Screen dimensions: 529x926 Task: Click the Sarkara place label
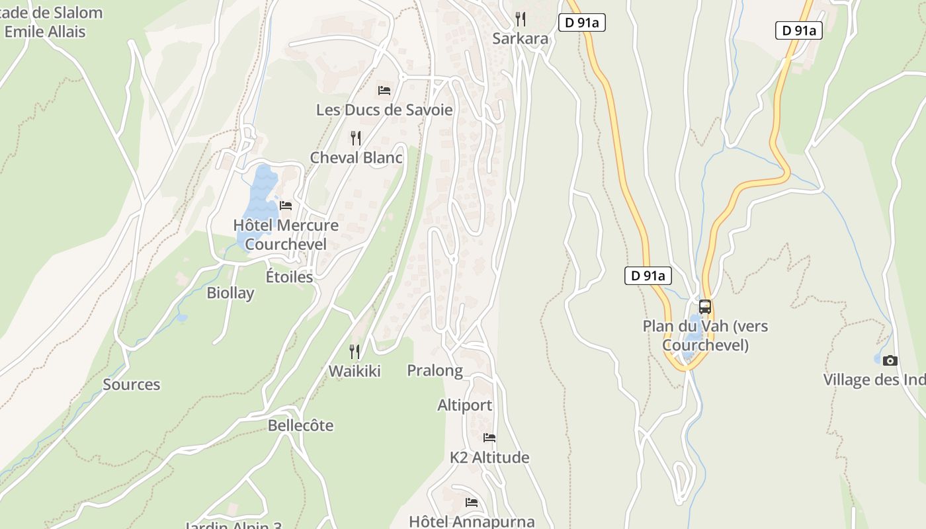click(x=521, y=38)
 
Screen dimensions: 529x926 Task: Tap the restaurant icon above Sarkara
click(x=521, y=19)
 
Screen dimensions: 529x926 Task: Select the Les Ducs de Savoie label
click(x=384, y=110)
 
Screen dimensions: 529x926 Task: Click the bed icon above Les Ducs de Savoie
click(x=384, y=90)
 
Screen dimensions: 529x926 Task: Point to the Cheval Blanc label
click(x=356, y=157)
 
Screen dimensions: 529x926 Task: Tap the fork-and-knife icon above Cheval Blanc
click(x=356, y=138)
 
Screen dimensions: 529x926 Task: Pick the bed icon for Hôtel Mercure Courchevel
click(x=286, y=205)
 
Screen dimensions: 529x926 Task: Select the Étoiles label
click(x=289, y=276)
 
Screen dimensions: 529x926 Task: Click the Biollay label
click(x=230, y=293)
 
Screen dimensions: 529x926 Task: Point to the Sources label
click(x=131, y=384)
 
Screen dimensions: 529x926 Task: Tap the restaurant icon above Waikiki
click(x=355, y=351)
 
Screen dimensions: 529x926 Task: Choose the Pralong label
click(x=435, y=370)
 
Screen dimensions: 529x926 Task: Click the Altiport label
click(x=464, y=405)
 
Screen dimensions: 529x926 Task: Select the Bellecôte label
click(x=300, y=425)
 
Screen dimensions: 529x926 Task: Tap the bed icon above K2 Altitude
click(x=489, y=437)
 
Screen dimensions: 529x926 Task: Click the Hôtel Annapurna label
click(x=472, y=521)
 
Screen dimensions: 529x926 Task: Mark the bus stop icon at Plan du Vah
click(x=705, y=307)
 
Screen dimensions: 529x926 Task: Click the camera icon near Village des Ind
click(x=890, y=360)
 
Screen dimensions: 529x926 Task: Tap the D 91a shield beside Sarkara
click(x=582, y=22)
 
